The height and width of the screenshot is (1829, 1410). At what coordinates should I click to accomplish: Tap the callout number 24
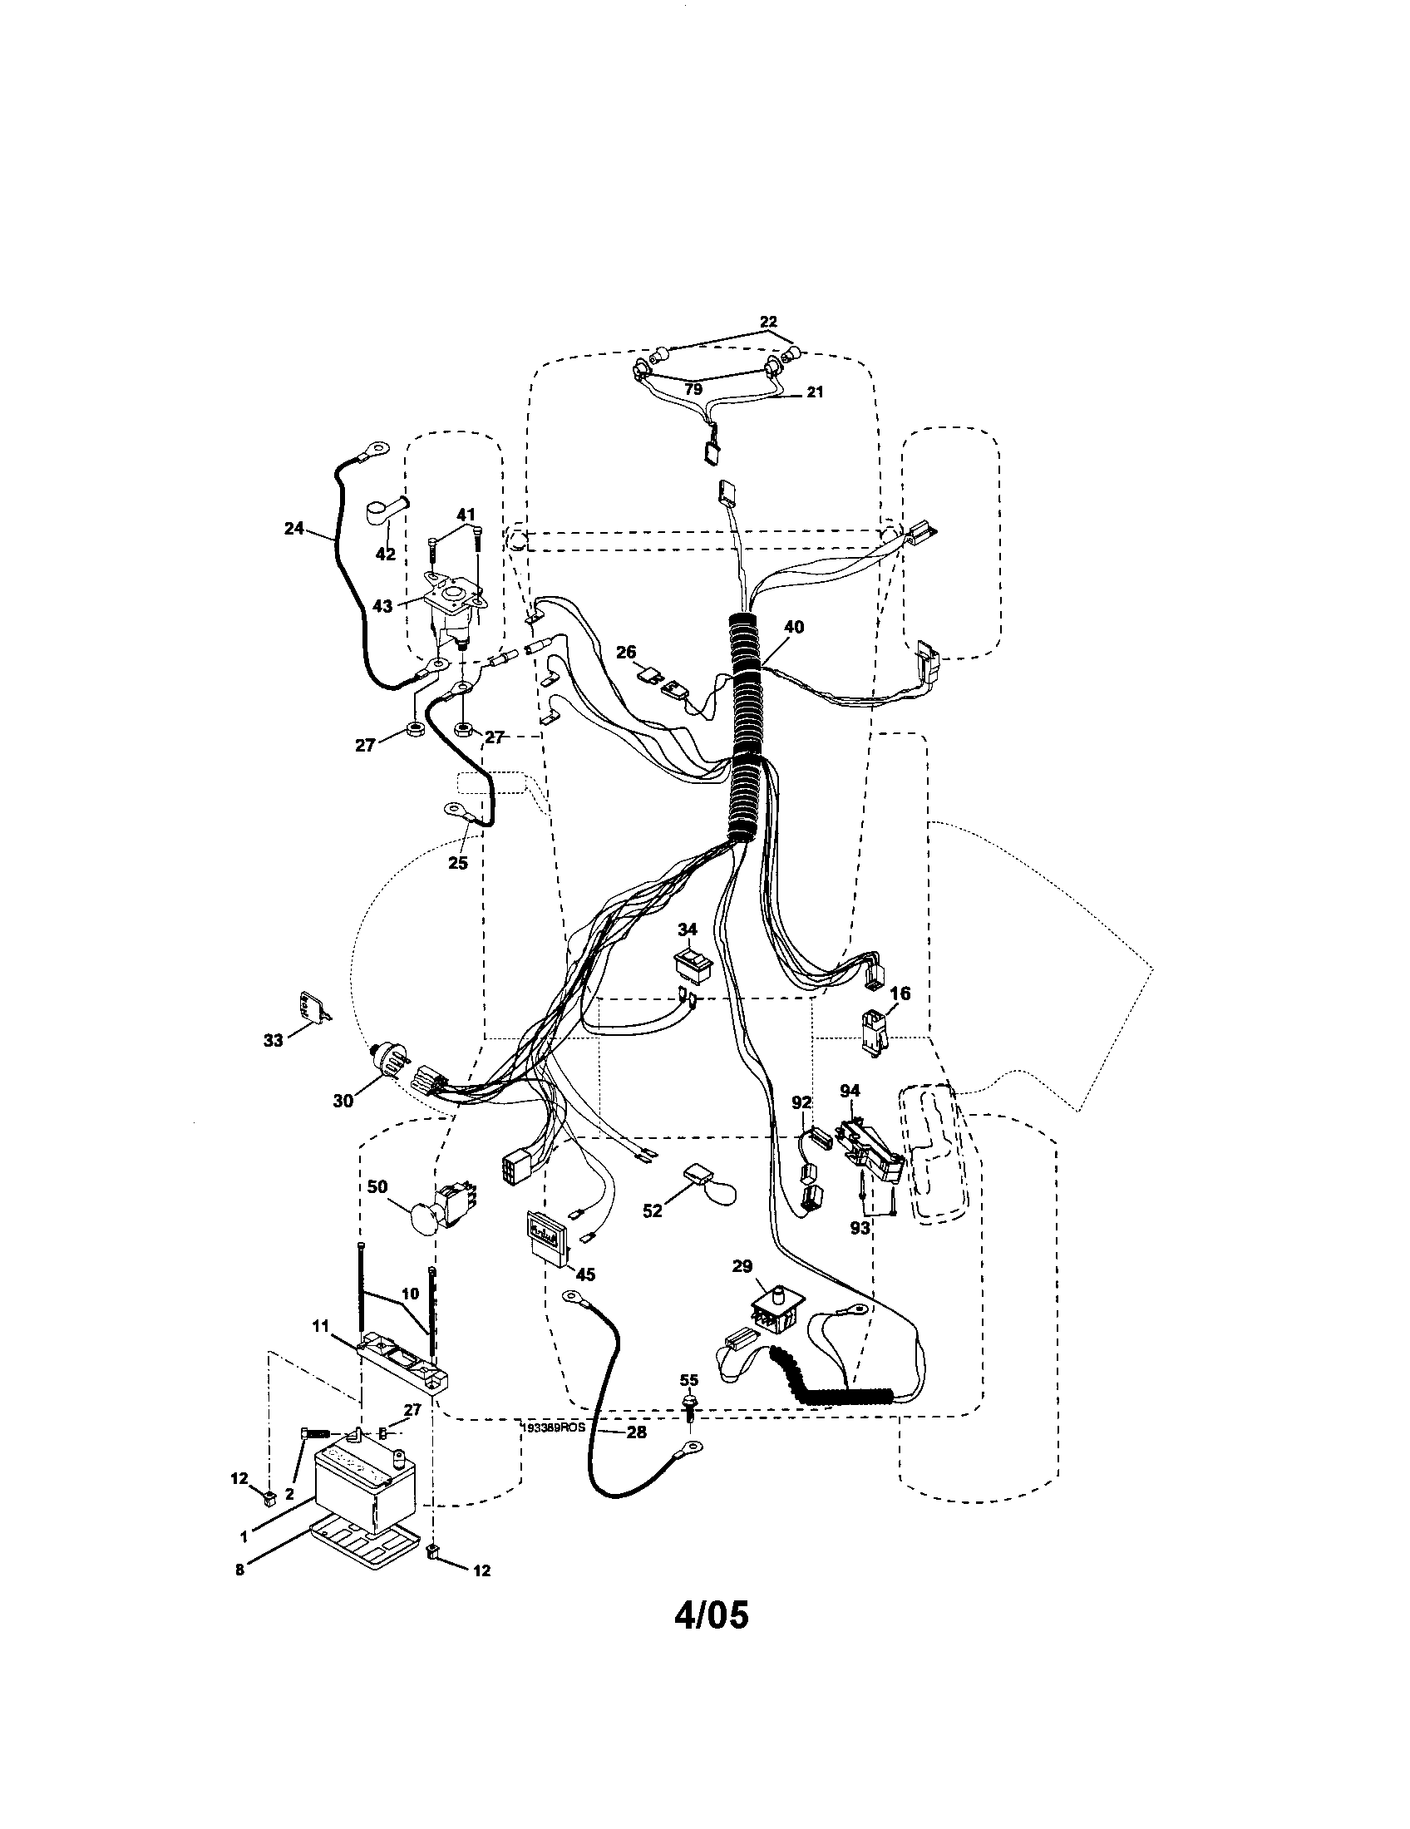coord(293,529)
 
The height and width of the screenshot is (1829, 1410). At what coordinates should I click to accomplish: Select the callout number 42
coord(386,554)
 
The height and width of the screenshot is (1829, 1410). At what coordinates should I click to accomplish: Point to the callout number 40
coord(793,626)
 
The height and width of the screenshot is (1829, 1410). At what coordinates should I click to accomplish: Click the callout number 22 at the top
coord(768,321)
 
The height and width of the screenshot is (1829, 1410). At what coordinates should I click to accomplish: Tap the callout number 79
coord(693,388)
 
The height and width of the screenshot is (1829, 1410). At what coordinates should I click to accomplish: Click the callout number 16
coord(900,993)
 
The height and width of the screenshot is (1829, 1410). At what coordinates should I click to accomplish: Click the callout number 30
coord(343,1102)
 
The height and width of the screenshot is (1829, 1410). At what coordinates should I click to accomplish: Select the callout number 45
coord(585,1274)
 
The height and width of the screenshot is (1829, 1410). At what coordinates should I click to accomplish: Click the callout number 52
coord(653,1211)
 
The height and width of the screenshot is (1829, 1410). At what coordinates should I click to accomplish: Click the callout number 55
coord(689,1379)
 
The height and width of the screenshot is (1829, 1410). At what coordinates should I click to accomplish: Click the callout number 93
coord(860,1227)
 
